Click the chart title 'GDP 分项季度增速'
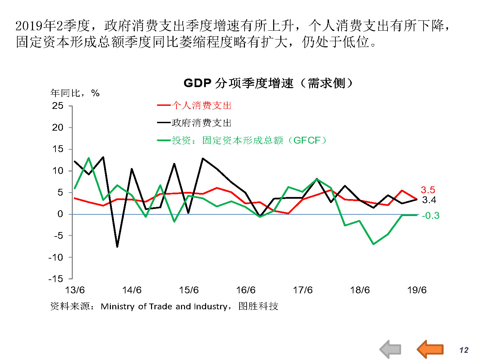click(x=268, y=83)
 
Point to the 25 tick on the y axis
click(x=58, y=106)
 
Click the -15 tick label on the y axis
click(x=56, y=279)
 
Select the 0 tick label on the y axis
click(x=60, y=214)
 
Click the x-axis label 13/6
click(x=75, y=290)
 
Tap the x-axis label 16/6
click(x=246, y=290)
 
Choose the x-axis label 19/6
click(x=417, y=290)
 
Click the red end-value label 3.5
click(x=428, y=190)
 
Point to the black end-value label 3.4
click(x=429, y=200)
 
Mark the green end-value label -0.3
click(x=430, y=216)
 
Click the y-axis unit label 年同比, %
click(x=75, y=93)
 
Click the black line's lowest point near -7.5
click(x=117, y=247)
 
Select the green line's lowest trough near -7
click(x=374, y=244)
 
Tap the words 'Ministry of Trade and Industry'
click(x=164, y=307)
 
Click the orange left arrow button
click(x=430, y=349)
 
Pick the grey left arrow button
click(x=390, y=349)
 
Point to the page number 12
click(x=464, y=350)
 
